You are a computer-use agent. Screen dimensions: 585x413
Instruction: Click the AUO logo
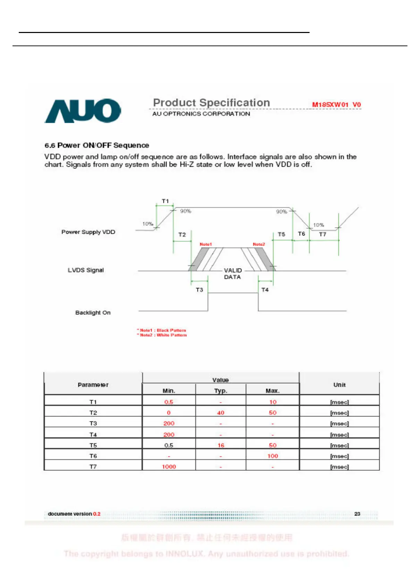coord(83,111)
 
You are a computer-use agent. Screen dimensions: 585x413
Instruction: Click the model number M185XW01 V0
coord(336,105)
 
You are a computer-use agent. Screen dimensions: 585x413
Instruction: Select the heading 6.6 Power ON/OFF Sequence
coord(97,145)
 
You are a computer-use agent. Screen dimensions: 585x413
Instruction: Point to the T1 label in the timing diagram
coord(165,201)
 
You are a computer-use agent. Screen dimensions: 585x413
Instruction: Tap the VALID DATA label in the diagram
coord(233,274)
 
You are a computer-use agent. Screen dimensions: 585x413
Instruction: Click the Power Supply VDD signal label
coord(88,232)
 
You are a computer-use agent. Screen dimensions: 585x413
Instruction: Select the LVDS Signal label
coord(86,270)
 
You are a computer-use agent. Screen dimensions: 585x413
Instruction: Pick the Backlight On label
coord(93,313)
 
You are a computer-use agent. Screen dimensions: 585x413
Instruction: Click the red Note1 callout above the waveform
coord(205,245)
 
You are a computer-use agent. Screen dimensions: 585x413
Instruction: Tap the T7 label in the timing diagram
coord(322,234)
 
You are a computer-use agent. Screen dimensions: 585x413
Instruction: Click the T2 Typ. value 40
coord(221,413)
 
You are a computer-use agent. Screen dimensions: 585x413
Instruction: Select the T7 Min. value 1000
coord(169,467)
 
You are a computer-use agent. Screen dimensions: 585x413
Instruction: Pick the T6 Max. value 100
coord(273,456)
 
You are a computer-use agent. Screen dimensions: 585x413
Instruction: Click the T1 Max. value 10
coord(273,402)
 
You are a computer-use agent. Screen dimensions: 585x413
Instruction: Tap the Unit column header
coord(339,385)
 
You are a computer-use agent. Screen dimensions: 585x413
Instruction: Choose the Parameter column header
coord(93,385)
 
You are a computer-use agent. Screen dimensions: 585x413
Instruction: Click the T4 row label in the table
coord(93,435)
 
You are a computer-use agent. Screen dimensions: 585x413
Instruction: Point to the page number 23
coord(357,513)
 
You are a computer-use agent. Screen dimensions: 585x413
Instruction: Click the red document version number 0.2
coord(97,514)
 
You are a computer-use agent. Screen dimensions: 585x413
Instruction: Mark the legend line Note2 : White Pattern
coord(162,335)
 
